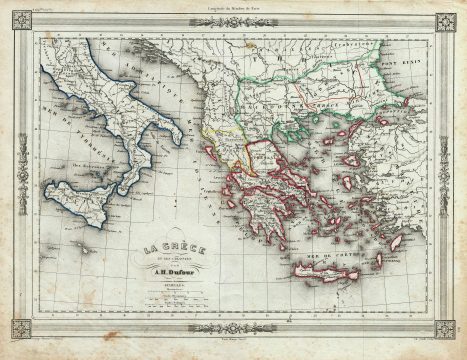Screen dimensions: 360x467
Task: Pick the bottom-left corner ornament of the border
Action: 19,329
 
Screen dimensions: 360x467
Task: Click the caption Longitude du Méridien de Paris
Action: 233,9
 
